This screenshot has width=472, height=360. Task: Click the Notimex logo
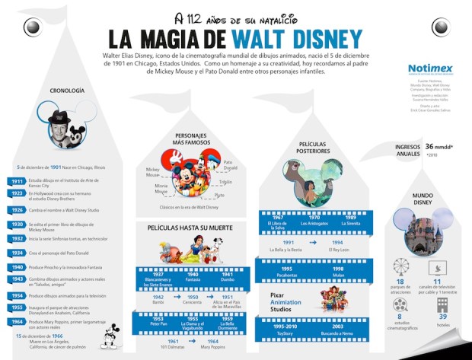430,68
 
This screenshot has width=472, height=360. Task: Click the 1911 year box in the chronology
17,182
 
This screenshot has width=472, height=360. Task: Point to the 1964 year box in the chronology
17,323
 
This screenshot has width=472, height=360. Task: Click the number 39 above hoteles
442,317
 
